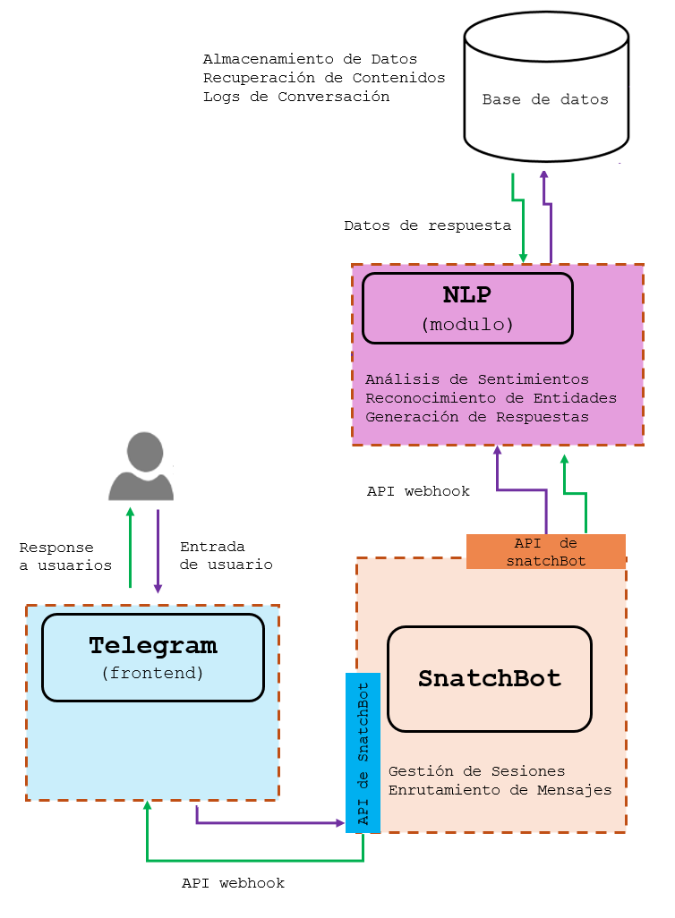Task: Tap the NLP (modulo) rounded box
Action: pos(467,308)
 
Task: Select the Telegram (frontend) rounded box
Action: pos(152,657)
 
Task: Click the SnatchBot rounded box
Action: pos(490,678)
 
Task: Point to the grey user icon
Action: pos(141,467)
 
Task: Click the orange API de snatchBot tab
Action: pos(545,552)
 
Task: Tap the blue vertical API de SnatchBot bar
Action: pos(363,752)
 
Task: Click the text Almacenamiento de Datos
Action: pos(310,59)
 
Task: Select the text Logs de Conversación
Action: pos(296,97)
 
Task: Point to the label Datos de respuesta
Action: pos(427,225)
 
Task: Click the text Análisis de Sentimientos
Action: pos(477,379)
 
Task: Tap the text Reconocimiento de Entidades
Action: pos(491,398)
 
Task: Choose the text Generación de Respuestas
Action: pos(477,417)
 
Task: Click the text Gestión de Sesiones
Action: pos(476,771)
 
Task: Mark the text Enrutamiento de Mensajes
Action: pos(500,790)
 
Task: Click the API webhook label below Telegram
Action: pos(233,883)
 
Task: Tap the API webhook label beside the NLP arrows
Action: pos(418,491)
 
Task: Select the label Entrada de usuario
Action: pos(226,556)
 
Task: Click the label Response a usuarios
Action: pos(65,556)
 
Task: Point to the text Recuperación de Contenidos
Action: pos(324,78)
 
